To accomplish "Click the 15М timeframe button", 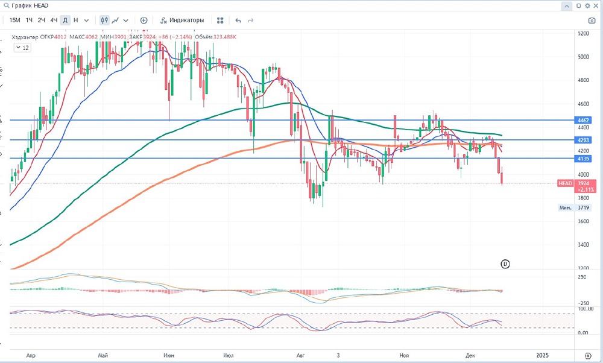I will pyautogui.click(x=15, y=20).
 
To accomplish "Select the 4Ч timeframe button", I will pyautogui.click(x=54, y=20).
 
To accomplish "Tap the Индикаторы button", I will pyautogui.click(x=182, y=20).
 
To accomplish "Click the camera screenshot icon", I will pyautogui.click(x=592, y=20).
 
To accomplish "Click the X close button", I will pyautogui.click(x=595, y=5).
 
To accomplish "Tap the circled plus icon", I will pyautogui.click(x=144, y=20).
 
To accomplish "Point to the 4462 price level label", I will pyautogui.click(x=582, y=121).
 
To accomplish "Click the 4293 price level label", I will pyautogui.click(x=582, y=140).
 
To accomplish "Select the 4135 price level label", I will pyautogui.click(x=582, y=159).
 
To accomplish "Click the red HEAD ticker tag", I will pyautogui.click(x=565, y=183).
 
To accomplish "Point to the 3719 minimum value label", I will pyautogui.click(x=582, y=207).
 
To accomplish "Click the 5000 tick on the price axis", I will pyautogui.click(x=584, y=57).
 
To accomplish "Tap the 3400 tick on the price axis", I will pyautogui.click(x=584, y=245).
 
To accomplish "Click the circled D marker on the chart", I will pyautogui.click(x=505, y=264).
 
